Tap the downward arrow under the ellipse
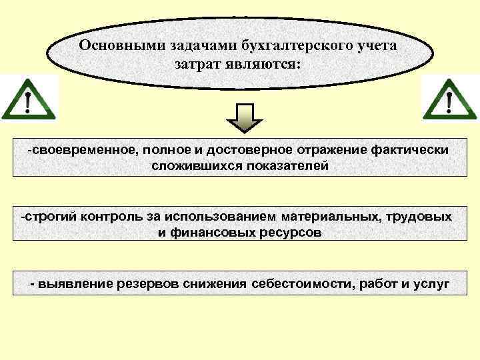click(245, 119)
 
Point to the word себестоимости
click(303, 285)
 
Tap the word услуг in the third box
click(431, 285)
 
